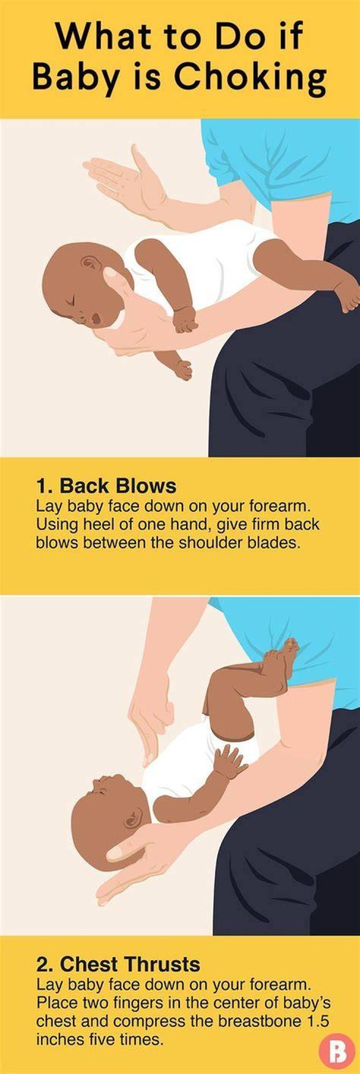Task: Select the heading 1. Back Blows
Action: coord(106,485)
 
